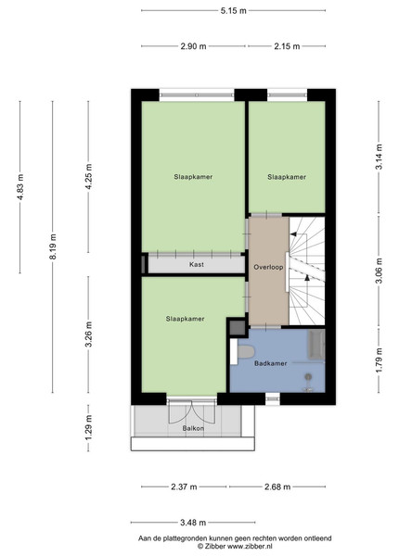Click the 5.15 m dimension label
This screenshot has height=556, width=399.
click(x=233, y=10)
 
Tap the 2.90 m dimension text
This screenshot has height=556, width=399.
click(x=193, y=46)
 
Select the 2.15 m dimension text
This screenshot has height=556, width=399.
click(x=287, y=46)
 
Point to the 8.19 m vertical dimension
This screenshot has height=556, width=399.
click(x=53, y=246)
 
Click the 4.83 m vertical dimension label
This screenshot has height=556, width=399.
click(x=19, y=187)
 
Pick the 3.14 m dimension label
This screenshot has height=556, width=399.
click(x=380, y=157)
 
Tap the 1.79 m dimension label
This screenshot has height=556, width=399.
click(x=380, y=360)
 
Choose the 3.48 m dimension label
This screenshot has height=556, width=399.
click(x=193, y=523)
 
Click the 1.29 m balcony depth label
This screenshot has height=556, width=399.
click(x=88, y=427)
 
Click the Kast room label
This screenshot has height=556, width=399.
click(x=197, y=264)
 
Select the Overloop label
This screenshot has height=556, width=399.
click(x=268, y=267)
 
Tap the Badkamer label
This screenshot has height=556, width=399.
click(x=271, y=363)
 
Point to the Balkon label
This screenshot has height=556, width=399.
click(x=193, y=428)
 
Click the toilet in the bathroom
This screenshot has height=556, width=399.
click(x=246, y=352)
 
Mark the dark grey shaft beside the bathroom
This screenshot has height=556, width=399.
click(x=238, y=328)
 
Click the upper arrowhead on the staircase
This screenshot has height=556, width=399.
click(x=293, y=234)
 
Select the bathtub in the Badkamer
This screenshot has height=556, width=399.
click(x=315, y=345)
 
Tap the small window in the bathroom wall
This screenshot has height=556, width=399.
click(x=273, y=398)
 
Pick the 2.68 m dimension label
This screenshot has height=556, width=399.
click(x=277, y=486)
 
